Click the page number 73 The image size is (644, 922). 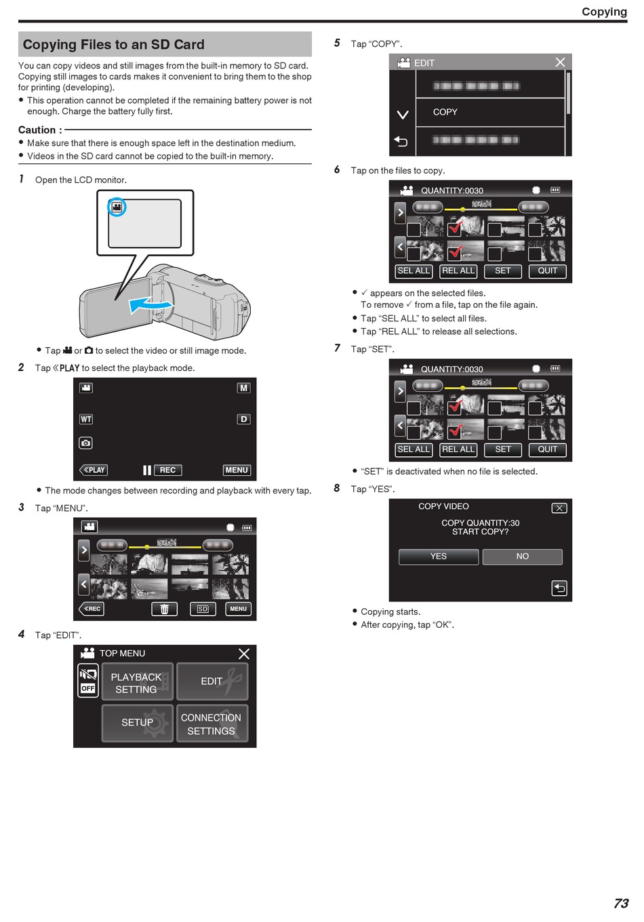coord(620,903)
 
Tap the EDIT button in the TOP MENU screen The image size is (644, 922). coord(212,681)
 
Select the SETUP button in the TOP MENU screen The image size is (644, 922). coord(137,723)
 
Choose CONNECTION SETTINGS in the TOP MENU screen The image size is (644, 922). coord(212,723)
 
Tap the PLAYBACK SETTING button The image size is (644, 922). coord(137,681)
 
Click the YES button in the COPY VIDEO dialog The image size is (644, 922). coord(438,556)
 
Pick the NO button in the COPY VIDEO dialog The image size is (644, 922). coord(522,556)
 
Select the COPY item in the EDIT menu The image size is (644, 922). coord(489,112)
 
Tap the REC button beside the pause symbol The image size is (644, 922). coord(167,470)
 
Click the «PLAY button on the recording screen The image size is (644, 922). coord(94,470)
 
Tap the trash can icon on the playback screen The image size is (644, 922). coord(164,609)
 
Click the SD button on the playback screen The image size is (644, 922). coord(203,609)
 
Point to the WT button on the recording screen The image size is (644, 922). coord(86,419)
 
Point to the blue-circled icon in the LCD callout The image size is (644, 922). coord(117,207)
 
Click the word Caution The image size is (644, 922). coord(37,130)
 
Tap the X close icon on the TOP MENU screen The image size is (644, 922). coord(243,654)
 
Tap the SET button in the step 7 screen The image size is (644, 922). coord(503,449)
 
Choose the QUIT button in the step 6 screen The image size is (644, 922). coord(547,271)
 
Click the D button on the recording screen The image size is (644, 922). coord(243,419)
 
